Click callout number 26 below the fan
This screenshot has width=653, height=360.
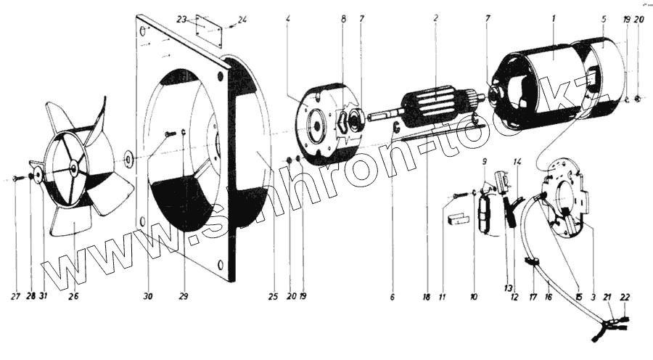(73, 296)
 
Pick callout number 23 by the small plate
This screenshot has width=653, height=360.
(181, 18)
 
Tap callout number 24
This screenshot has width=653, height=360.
(242, 18)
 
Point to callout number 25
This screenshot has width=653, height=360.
(272, 296)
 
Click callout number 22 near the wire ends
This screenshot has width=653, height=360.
(625, 296)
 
